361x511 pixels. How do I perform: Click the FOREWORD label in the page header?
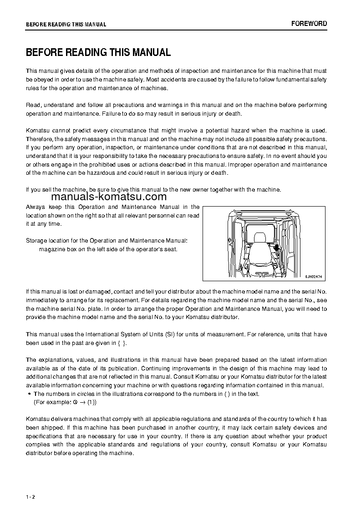[x=309, y=24]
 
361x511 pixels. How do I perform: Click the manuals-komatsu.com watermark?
[x=109, y=197]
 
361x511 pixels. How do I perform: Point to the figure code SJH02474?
[x=313, y=276]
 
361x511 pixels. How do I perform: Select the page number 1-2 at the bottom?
[x=31, y=496]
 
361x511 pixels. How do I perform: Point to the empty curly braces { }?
[x=122, y=343]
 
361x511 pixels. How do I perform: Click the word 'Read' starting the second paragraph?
[x=33, y=105]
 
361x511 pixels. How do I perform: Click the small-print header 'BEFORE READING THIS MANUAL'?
[x=66, y=25]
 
